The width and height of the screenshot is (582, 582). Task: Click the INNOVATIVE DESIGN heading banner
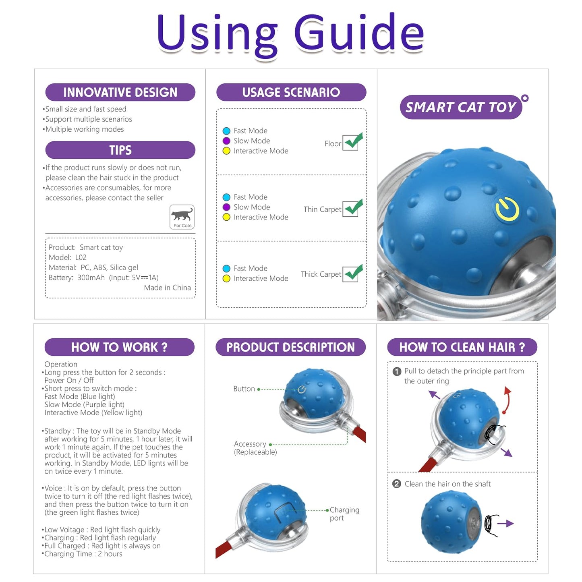point(120,92)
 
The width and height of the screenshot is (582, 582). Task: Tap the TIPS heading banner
point(120,150)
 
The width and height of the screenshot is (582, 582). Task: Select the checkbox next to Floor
point(350,143)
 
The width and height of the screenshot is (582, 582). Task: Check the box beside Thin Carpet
point(350,209)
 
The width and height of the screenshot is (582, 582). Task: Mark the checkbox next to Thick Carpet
point(350,274)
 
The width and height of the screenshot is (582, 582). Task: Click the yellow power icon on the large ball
point(507,209)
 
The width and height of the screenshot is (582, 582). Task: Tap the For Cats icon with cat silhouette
point(182,217)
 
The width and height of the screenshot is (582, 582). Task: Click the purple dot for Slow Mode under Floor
point(226,141)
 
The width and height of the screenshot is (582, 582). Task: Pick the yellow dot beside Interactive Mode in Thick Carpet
point(226,278)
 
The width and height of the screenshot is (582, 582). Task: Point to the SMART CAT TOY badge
point(460,107)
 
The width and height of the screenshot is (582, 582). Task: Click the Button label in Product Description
point(244,389)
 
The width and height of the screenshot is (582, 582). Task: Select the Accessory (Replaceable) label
point(255,447)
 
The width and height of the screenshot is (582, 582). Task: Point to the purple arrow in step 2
point(506,523)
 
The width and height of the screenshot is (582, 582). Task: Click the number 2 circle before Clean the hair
point(397,484)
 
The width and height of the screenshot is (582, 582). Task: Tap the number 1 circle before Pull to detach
point(397,371)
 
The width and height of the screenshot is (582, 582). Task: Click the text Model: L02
point(67,257)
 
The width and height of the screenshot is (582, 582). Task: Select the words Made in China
point(167,288)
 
